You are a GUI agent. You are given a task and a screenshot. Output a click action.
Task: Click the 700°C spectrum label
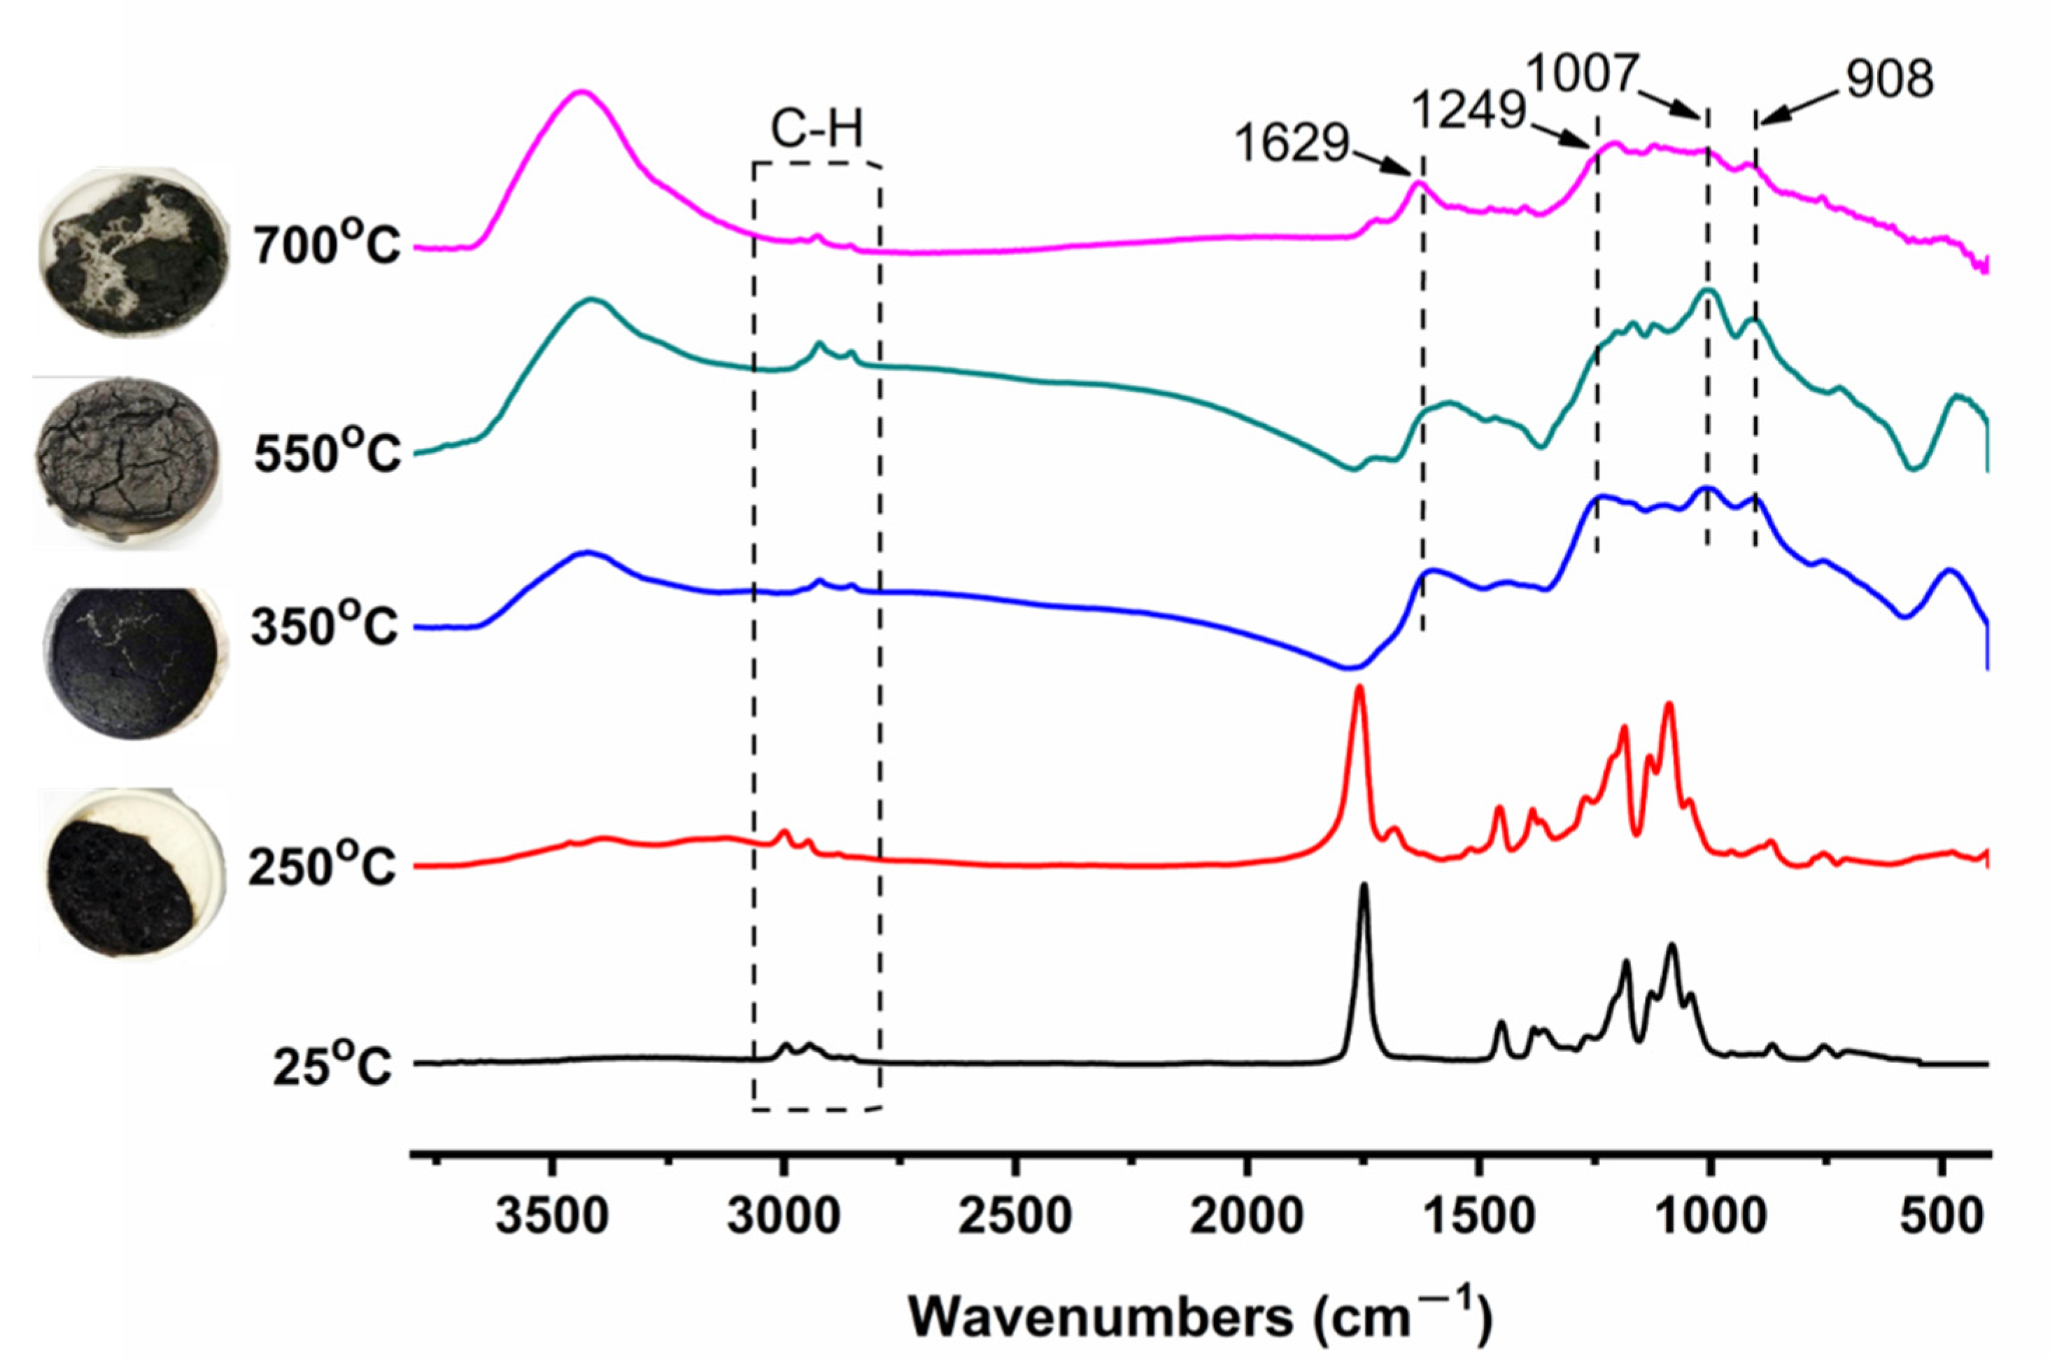click(x=327, y=246)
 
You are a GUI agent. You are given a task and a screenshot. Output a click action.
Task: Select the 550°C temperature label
click(x=327, y=453)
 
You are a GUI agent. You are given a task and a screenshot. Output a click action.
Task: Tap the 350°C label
click(x=324, y=626)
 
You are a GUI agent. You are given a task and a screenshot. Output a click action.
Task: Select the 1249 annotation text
click(x=1469, y=110)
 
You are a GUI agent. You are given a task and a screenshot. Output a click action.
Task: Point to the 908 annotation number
click(x=1889, y=80)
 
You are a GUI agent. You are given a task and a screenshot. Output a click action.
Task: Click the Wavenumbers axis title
click(x=1200, y=1318)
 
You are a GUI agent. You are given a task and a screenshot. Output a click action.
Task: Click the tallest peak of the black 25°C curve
click(x=1364, y=886)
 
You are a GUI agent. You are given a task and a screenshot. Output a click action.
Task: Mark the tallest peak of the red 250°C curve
click(x=1359, y=687)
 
